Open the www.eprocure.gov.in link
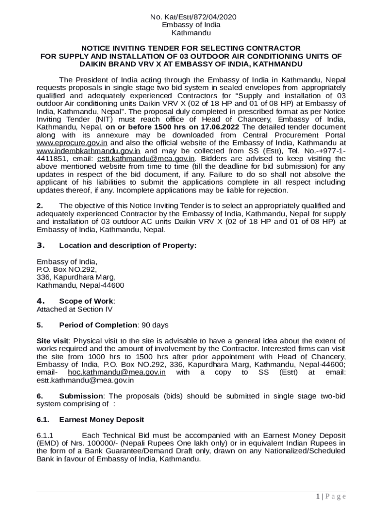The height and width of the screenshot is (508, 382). pyautogui.click(x=72, y=143)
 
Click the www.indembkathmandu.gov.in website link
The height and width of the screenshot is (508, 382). pyautogui.click(x=89, y=151)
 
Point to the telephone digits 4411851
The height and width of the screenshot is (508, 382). pyautogui.click(x=51, y=159)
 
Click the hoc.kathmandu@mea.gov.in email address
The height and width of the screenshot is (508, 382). pyautogui.click(x=117, y=373)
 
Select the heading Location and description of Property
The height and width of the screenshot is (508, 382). pyautogui.click(x=127, y=246)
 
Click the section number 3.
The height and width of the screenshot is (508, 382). pyautogui.click(x=41, y=246)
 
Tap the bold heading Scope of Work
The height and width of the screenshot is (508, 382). pyautogui.click(x=86, y=301)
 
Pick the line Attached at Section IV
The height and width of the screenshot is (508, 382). pyautogui.click(x=74, y=309)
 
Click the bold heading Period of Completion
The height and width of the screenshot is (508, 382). pyautogui.click(x=98, y=325)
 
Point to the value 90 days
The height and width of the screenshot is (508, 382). pyautogui.click(x=155, y=325)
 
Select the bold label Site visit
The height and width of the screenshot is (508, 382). pyautogui.click(x=53, y=341)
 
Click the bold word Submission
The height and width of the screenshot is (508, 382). pyautogui.click(x=81, y=396)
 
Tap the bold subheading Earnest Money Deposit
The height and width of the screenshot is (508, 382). pyautogui.click(x=101, y=420)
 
